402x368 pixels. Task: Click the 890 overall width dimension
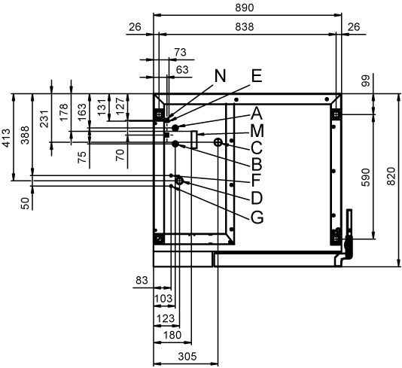(245, 8)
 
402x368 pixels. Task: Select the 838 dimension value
(245, 26)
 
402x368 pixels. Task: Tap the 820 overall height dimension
(391, 176)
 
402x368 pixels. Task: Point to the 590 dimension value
(366, 177)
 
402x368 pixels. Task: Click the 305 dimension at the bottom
(187, 356)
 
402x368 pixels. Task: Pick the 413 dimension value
(6, 138)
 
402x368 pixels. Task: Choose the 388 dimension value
(25, 135)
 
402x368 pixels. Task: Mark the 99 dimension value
(366, 81)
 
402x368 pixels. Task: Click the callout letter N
(220, 76)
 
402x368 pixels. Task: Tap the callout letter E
(257, 76)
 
